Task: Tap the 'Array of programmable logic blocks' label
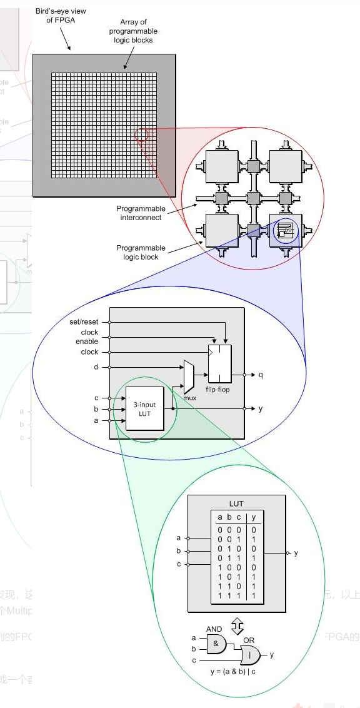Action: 133,31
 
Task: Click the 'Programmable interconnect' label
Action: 141,213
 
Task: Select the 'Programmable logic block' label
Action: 141,253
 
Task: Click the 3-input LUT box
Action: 145,409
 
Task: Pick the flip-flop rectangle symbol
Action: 219,363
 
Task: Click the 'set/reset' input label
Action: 84,322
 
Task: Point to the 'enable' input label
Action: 87,342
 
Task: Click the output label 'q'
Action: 261,375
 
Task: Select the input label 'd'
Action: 96,367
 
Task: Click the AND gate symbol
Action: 215,643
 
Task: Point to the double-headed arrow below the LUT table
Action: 237,625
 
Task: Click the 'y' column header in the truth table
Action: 253,517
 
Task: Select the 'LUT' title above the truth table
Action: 236,503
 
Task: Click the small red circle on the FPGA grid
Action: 142,134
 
